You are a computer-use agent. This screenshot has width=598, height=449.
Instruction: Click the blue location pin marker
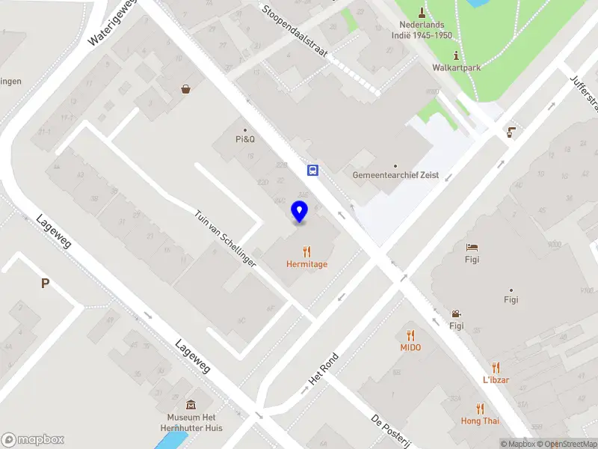[300, 212]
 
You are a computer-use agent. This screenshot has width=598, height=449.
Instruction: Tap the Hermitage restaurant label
[306, 264]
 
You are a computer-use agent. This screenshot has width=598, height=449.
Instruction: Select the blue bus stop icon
[313, 171]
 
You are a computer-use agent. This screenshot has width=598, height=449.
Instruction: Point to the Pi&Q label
[245, 138]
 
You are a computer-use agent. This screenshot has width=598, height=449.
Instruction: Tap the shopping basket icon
[185, 89]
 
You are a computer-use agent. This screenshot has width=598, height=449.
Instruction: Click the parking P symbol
[45, 283]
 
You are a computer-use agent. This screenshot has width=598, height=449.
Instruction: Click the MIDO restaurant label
[410, 347]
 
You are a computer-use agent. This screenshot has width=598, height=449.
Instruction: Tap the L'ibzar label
[496, 379]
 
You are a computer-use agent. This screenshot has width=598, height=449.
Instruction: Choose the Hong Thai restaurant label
[480, 421]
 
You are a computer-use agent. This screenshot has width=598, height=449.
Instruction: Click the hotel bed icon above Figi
[472, 248]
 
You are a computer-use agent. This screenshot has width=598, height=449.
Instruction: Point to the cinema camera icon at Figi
[456, 314]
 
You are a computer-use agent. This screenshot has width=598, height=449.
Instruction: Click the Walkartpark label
[456, 67]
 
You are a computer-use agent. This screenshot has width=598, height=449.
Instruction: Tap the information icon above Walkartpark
[456, 55]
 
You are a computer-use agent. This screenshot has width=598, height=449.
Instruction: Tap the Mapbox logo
[33, 440]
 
